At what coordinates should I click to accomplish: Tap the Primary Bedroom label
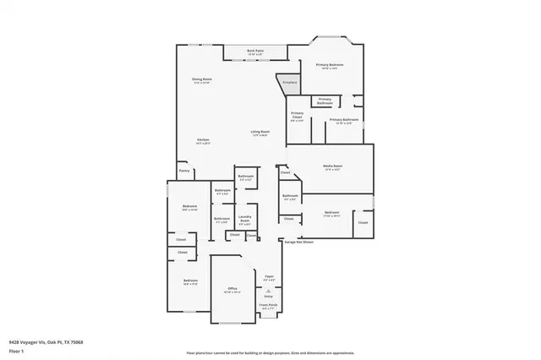click(328, 66)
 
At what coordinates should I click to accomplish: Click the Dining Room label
click(201, 81)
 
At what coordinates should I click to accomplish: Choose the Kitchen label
click(203, 140)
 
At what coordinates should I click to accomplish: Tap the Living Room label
click(260, 133)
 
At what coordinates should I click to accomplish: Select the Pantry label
click(183, 171)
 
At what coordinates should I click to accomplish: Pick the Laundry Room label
click(244, 219)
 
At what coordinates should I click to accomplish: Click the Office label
click(232, 290)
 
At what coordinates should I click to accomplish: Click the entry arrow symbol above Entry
click(269, 290)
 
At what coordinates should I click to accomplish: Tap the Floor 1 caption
click(16, 351)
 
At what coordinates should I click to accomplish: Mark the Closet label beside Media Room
click(286, 172)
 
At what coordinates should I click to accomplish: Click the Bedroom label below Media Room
click(331, 213)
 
